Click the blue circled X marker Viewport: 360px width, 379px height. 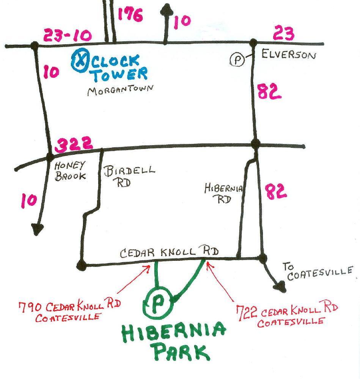pyautogui.click(x=80, y=61)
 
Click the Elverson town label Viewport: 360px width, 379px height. pyautogui.click(x=288, y=55)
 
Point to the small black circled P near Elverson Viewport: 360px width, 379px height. pyautogui.click(x=237, y=60)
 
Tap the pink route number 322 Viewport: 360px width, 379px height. pyautogui.click(x=74, y=144)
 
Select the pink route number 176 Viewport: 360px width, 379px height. pyautogui.click(x=130, y=16)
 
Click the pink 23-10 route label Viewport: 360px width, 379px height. pyautogui.click(x=68, y=36)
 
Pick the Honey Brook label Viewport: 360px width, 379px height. pyautogui.click(x=71, y=171)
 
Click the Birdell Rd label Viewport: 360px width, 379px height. pyautogui.click(x=129, y=175)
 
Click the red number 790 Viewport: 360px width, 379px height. pyautogui.click(x=30, y=306)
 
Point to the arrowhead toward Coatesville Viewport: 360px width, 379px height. pyautogui.click(x=281, y=287)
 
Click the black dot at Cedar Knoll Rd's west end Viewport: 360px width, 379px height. pyautogui.click(x=81, y=265)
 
